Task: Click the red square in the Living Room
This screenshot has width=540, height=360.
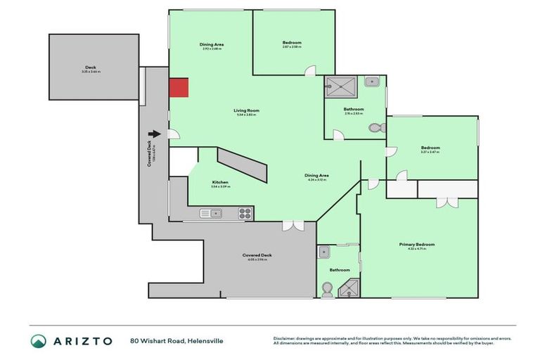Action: tap(179, 88)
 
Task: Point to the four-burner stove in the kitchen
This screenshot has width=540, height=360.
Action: tap(245, 213)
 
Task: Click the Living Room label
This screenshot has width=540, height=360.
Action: tap(247, 110)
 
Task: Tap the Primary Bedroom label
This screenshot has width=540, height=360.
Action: tap(417, 244)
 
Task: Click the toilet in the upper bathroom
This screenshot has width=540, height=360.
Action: tap(378, 128)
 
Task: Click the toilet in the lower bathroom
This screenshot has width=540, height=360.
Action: tap(327, 288)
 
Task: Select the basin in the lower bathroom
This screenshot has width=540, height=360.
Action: tap(325, 251)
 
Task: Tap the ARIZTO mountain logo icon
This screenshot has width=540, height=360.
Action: tap(39, 341)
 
